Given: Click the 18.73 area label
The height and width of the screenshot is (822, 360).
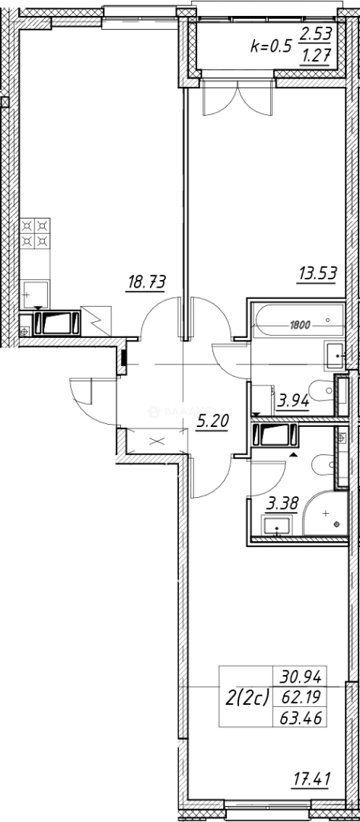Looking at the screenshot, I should tap(145, 282).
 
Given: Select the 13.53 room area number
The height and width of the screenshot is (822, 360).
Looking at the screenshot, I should tap(318, 272).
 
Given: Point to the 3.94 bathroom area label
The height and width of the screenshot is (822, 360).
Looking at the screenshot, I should tap(293, 400).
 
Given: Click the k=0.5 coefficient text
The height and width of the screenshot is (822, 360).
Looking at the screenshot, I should tap(271, 46).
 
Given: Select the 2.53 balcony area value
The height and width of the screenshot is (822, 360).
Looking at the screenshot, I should tap(315, 34).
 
